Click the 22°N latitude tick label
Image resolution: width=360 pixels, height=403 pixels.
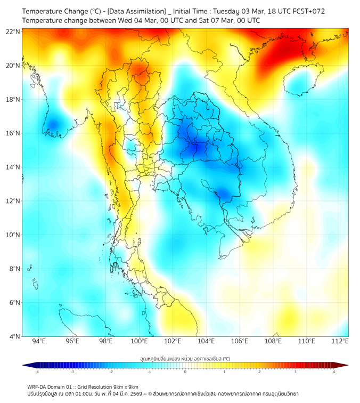13,31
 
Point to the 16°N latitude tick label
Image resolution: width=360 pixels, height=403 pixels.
13,133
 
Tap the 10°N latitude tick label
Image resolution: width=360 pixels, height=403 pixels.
13,235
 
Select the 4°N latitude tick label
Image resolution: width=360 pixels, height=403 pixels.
14,336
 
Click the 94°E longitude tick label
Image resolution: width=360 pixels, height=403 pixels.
39,341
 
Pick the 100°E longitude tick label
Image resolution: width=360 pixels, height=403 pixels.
140,341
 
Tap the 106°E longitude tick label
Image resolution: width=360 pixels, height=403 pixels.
240,341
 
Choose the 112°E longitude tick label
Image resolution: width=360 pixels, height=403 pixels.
341,341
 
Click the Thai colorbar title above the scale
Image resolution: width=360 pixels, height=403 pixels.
185,358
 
